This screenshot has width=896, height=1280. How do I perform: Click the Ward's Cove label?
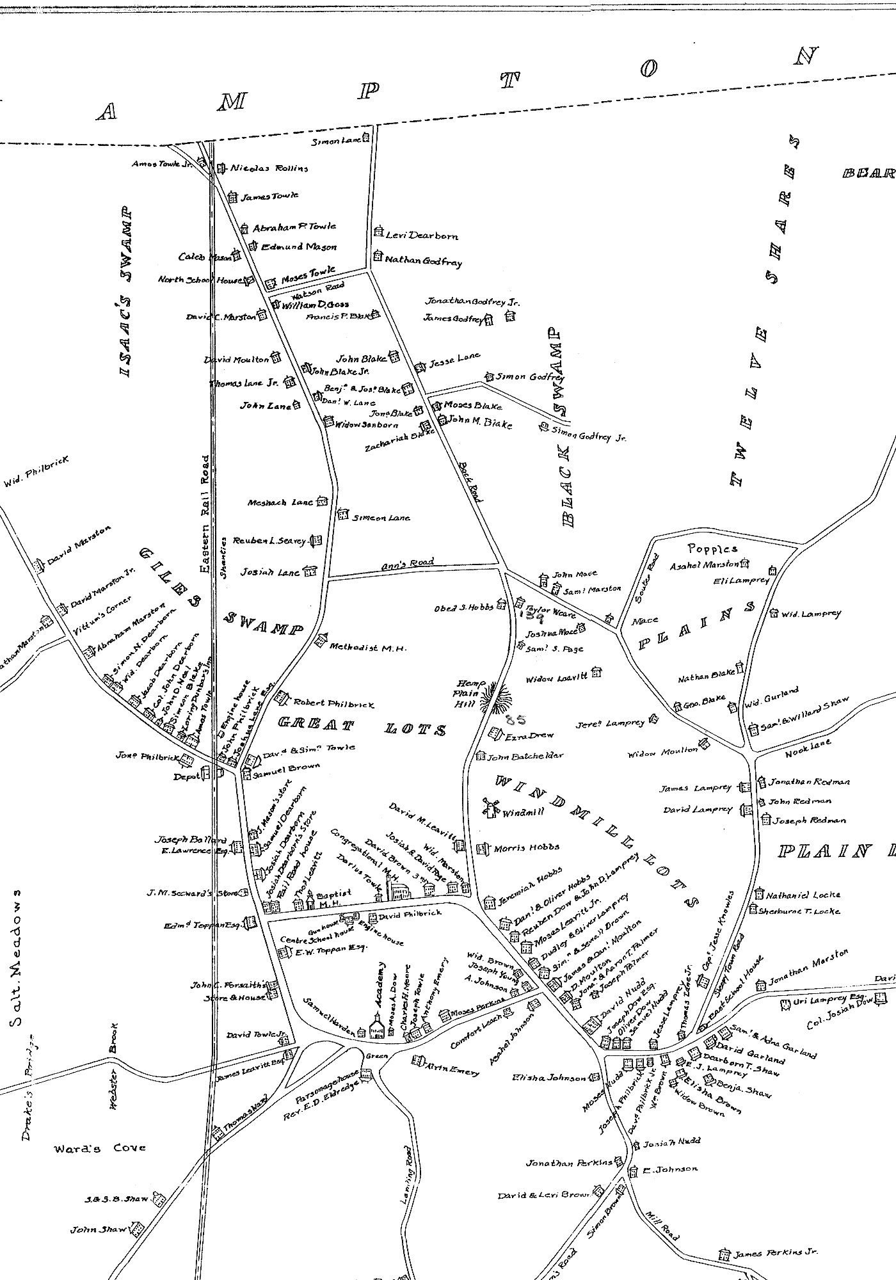(x=99, y=1148)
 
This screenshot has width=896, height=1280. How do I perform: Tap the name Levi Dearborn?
(x=422, y=235)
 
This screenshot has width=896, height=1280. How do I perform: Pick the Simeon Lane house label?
(x=381, y=517)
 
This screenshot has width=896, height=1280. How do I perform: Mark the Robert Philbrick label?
(x=333, y=703)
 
